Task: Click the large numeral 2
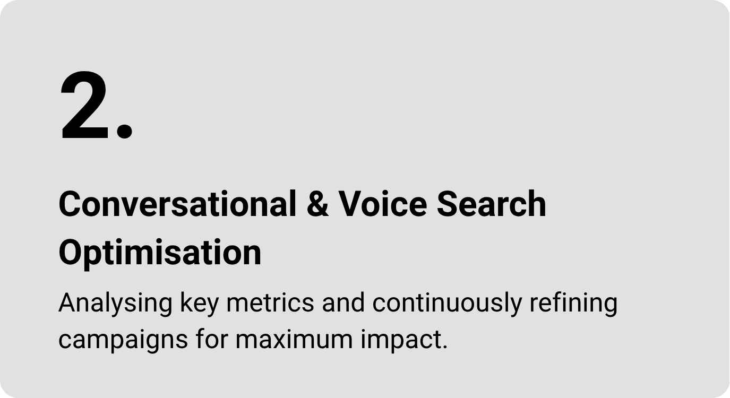84,105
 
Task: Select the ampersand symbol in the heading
317,204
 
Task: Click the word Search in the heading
492,204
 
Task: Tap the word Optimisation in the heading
160,253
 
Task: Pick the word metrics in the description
270,303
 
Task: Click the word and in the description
343,303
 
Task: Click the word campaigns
123,340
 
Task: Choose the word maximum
294,340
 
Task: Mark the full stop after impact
445,347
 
